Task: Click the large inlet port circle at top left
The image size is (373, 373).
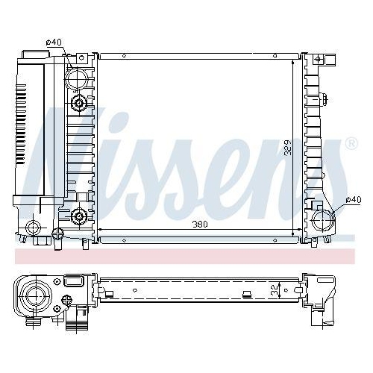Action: (x=77, y=77)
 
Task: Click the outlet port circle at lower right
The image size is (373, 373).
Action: (x=323, y=219)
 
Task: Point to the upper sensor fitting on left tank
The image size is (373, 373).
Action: (x=78, y=101)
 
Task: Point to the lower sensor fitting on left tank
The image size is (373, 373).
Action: (x=79, y=217)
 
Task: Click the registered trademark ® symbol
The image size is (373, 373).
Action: (x=351, y=142)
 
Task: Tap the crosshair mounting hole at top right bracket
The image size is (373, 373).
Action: (x=317, y=59)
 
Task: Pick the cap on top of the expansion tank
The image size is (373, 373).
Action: (x=36, y=55)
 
